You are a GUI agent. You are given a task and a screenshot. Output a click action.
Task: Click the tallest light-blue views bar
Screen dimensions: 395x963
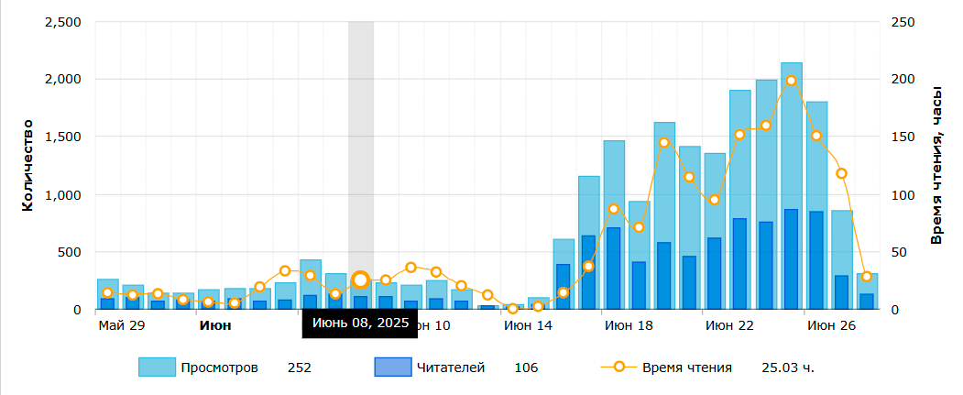pos(791,183)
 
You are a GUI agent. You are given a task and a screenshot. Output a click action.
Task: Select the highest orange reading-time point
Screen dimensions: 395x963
pos(791,81)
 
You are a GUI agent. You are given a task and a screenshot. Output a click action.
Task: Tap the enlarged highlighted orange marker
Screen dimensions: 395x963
pos(361,280)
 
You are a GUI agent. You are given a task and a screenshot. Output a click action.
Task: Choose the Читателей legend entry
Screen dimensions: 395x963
pos(451,368)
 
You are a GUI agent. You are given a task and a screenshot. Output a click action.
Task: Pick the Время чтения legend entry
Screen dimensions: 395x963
pos(686,368)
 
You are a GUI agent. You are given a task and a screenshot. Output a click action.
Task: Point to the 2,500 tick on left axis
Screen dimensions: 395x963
pos(62,22)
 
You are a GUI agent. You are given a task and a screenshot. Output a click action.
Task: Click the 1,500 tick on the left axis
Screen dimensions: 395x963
pos(62,137)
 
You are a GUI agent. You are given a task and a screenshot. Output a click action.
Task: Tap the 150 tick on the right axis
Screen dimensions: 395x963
pos(903,137)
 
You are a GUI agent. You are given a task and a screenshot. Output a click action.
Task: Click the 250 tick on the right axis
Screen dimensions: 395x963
pos(903,22)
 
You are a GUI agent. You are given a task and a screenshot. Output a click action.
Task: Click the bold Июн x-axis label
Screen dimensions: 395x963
pos(215,325)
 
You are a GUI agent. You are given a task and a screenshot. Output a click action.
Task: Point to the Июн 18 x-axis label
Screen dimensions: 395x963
pos(629,325)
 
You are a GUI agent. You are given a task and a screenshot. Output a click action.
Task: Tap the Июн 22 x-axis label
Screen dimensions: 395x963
pos(729,325)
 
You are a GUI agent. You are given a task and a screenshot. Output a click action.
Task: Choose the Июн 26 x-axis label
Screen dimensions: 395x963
pos(830,325)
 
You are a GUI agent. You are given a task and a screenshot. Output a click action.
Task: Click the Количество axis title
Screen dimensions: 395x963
pos(27,165)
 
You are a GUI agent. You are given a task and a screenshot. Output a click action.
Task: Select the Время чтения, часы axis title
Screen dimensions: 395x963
pos(936,165)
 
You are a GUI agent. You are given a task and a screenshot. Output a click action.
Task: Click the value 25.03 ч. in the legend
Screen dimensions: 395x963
pos(788,368)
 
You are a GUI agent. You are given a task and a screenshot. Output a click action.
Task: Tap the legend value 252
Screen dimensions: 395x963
pos(300,368)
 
